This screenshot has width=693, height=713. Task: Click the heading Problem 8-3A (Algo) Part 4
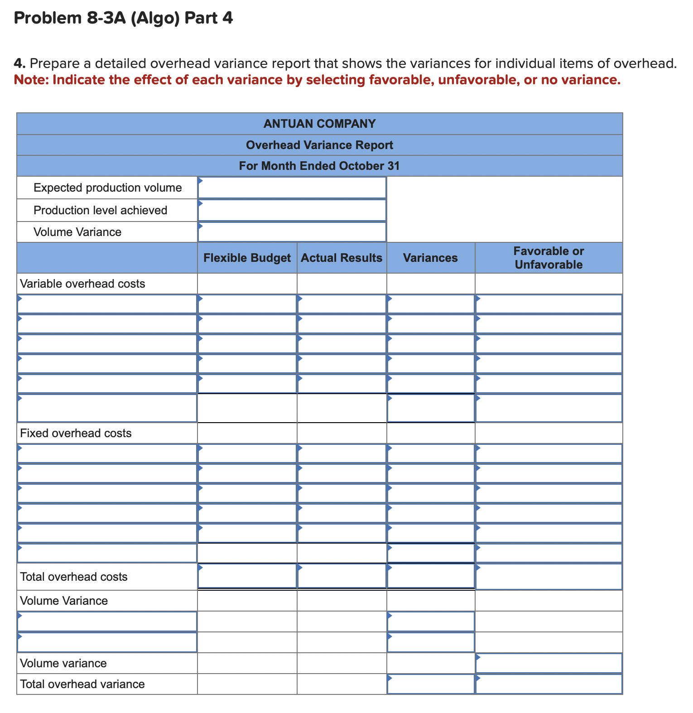123,18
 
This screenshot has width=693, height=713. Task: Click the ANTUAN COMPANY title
319,124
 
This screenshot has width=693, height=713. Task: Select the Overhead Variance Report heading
319,145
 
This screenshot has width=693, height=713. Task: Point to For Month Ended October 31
319,166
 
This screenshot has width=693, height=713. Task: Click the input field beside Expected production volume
292,188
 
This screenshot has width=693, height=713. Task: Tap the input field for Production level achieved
292,210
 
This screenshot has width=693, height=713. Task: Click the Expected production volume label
107,188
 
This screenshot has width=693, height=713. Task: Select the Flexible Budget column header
247,258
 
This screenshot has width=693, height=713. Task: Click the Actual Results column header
342,258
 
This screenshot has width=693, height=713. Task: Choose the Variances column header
430,258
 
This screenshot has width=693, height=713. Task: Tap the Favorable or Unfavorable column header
549,258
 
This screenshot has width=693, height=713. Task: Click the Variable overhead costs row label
82,284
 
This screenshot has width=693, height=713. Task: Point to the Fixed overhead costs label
76,433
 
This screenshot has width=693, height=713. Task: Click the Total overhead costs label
74,577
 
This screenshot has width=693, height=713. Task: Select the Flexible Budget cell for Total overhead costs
247,576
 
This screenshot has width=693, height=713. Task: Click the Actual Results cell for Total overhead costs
342,576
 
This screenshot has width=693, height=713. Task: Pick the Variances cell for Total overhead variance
430,684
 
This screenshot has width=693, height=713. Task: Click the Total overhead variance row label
82,684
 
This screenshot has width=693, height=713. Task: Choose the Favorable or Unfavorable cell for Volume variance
549,663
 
